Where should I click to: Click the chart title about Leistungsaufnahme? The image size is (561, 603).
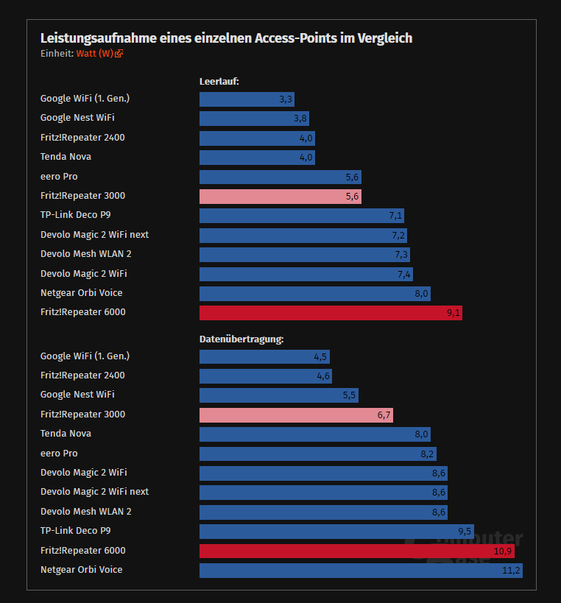(226, 38)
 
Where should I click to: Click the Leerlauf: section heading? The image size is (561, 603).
(219, 81)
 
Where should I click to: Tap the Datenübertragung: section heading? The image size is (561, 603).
(241, 339)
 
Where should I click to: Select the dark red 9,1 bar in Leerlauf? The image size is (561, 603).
(331, 313)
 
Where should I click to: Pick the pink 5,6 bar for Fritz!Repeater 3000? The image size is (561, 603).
(280, 197)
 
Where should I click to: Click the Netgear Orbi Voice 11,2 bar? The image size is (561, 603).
(361, 571)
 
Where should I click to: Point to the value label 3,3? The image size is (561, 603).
(286, 99)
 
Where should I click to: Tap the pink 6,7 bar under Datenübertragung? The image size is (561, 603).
(296, 415)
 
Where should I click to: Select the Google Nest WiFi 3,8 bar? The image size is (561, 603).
(254, 119)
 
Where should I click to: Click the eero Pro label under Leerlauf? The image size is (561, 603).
(59, 177)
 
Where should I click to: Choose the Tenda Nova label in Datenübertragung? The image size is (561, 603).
(66, 434)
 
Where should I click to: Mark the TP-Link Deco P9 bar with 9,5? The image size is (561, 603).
(336, 532)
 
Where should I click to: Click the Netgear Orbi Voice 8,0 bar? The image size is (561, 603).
(314, 293)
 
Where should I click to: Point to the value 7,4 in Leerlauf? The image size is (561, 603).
(404, 275)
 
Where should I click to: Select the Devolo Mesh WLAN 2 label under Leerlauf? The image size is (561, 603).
(85, 254)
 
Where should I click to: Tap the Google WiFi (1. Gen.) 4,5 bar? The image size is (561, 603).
(264, 357)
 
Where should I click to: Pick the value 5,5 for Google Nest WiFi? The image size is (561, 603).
(349, 395)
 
